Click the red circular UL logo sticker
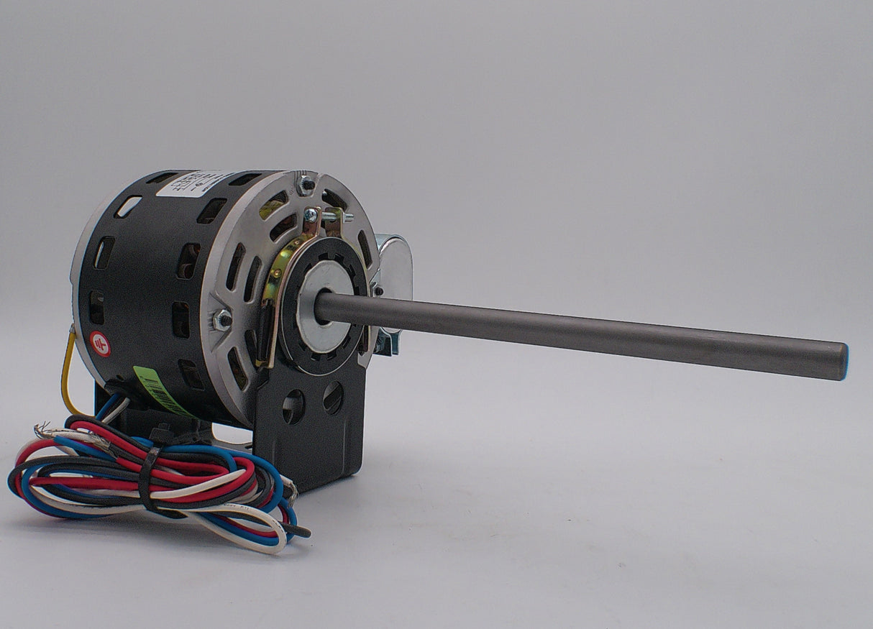click(100, 344)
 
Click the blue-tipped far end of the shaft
click(843, 361)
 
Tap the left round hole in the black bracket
click(293, 406)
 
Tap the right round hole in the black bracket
click(333, 398)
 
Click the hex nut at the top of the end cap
click(307, 185)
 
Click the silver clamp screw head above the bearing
click(311, 215)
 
